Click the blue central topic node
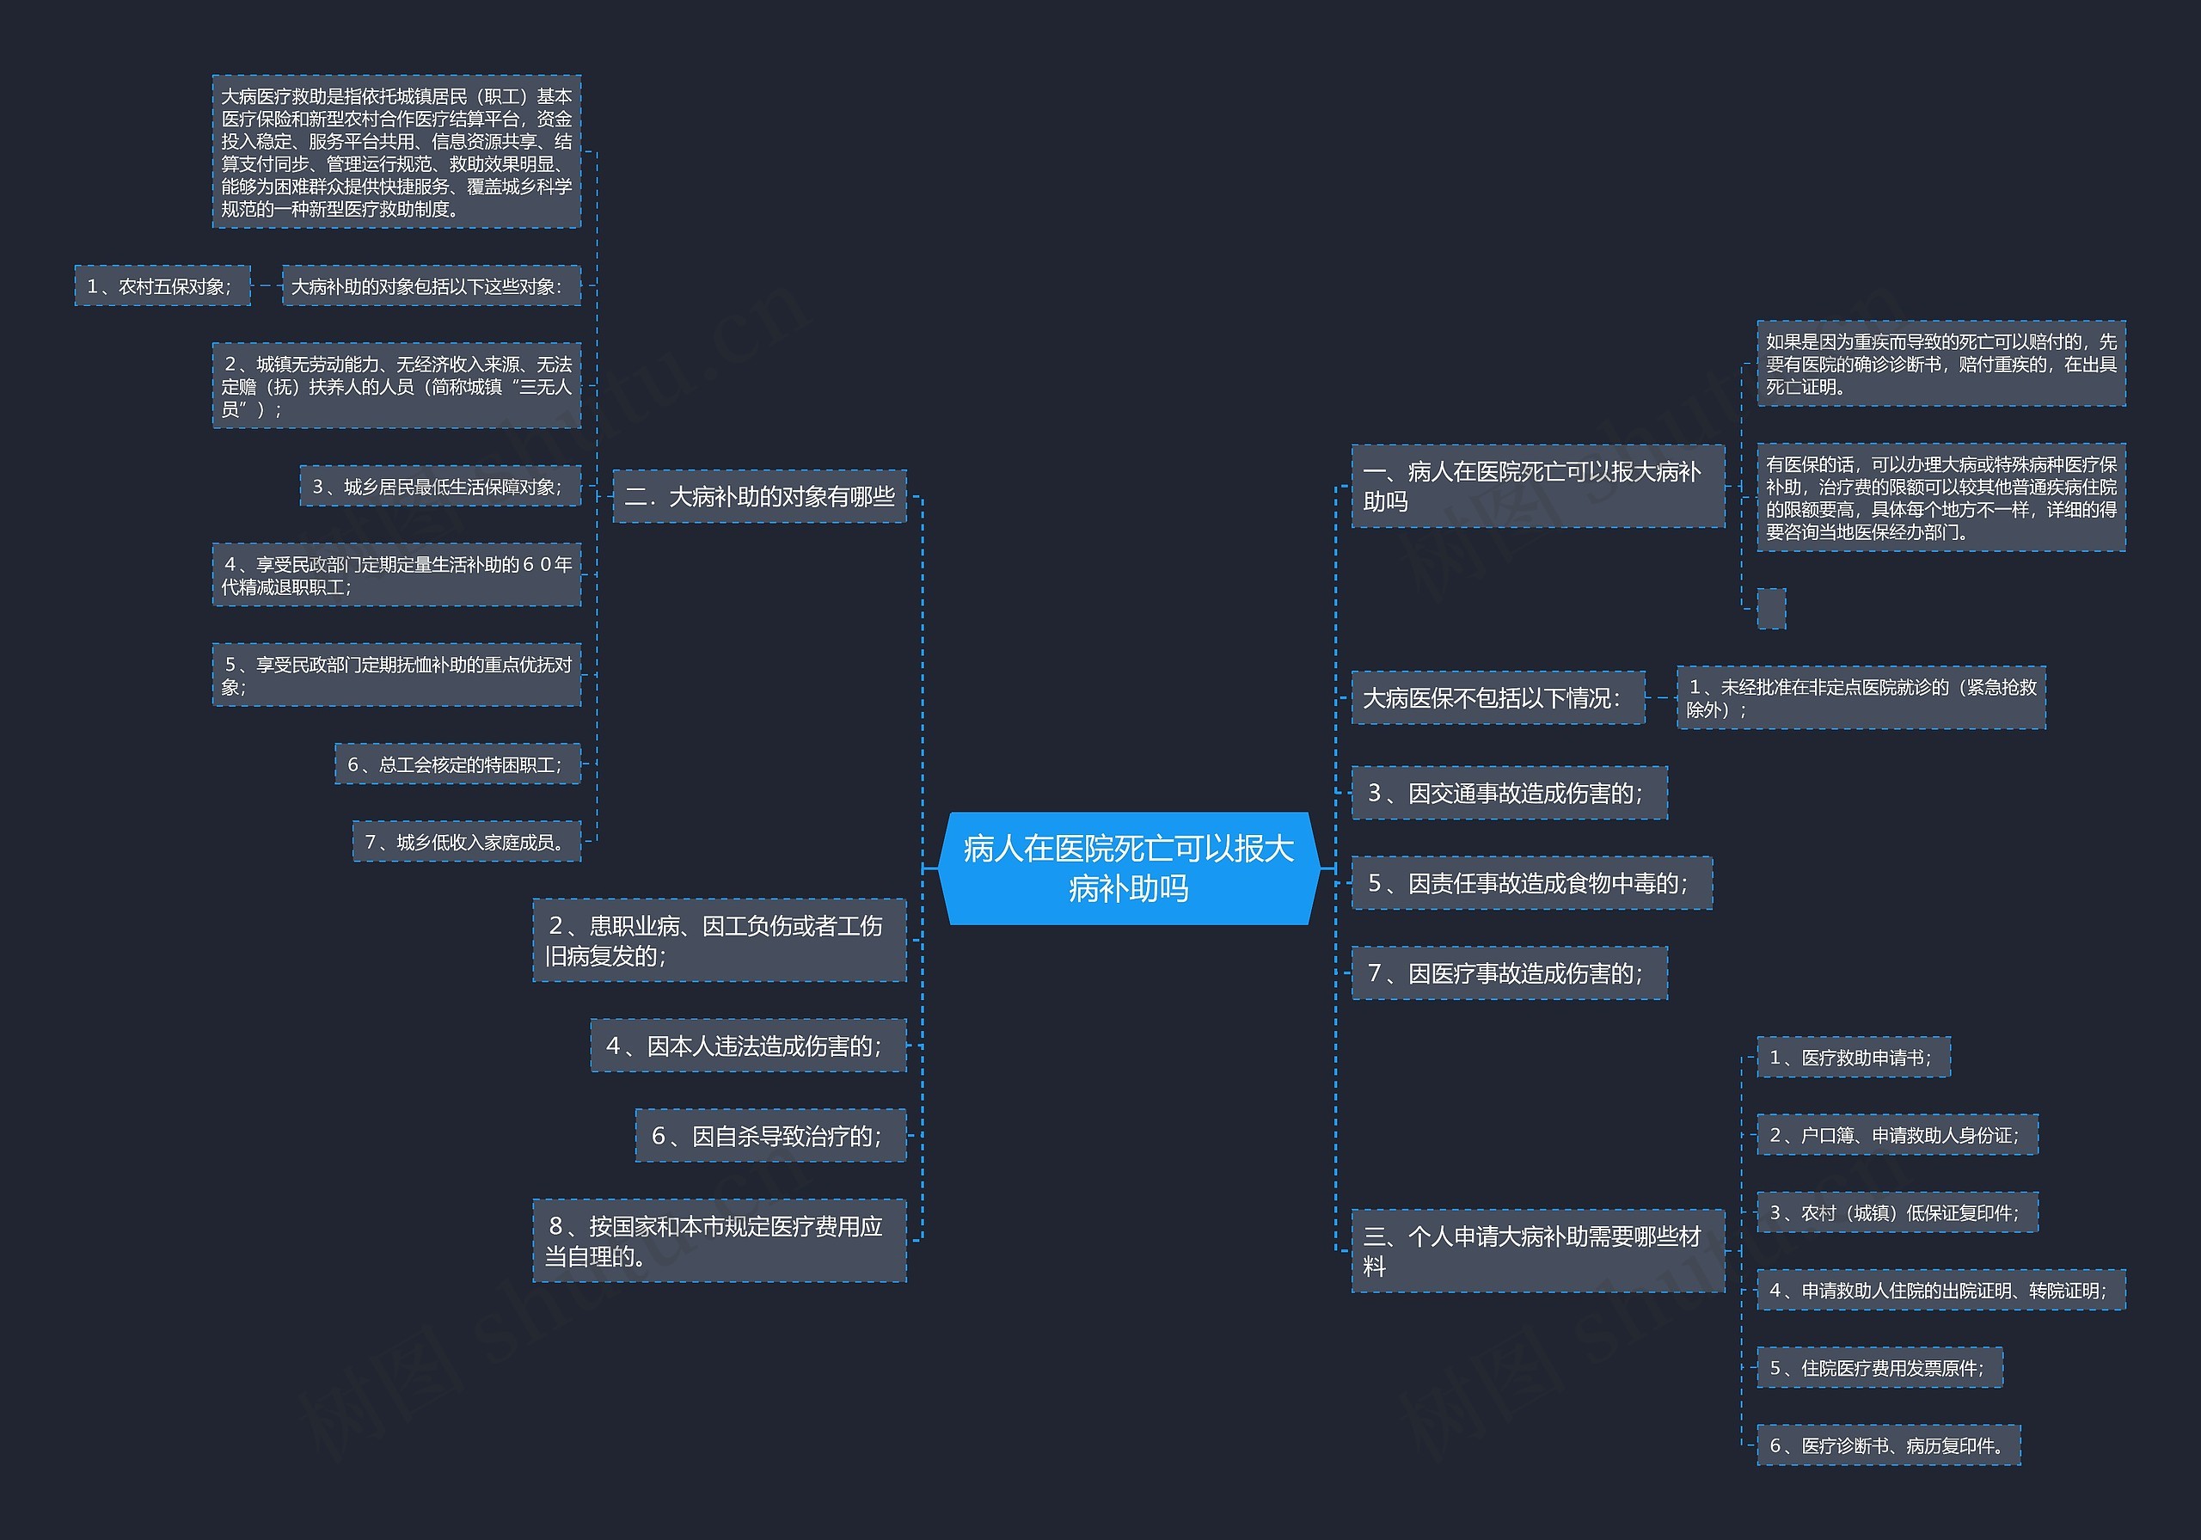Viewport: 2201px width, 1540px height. click(1128, 868)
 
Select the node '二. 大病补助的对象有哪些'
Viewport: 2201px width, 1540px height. click(759, 496)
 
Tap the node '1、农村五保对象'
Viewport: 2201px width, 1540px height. click(162, 285)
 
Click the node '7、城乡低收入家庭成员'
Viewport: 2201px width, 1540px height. click(467, 841)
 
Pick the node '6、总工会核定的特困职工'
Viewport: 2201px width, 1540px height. click(457, 764)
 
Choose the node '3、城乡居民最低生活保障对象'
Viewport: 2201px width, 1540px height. click(440, 486)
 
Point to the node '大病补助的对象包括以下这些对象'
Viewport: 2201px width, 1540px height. click(432, 285)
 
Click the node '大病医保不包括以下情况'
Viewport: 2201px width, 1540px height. click(1499, 697)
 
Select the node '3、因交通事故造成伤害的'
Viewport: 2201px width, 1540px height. click(1510, 792)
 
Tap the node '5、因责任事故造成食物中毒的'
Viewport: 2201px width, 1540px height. click(1532, 882)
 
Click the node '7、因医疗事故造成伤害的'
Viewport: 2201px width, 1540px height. click(1510, 972)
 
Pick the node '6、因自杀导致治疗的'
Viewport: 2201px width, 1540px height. click(770, 1135)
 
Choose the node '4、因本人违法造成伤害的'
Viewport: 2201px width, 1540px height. click(749, 1046)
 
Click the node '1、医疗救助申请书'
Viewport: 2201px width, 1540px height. click(1854, 1057)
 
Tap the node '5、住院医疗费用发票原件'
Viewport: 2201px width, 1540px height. click(1879, 1367)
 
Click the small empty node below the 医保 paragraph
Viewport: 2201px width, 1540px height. click(1771, 609)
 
